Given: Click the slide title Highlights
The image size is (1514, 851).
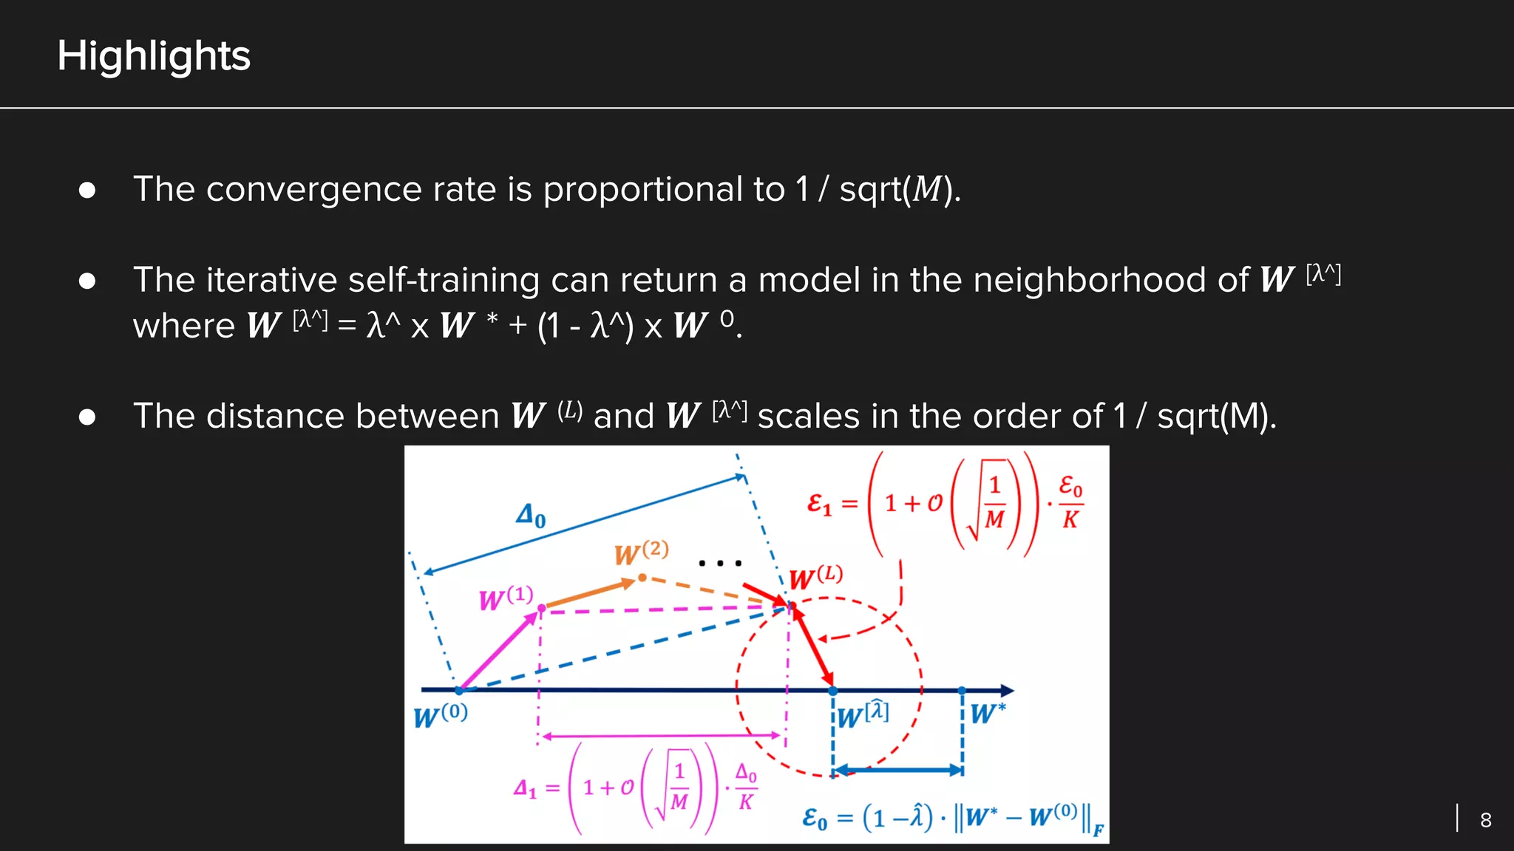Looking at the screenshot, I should tap(154, 56).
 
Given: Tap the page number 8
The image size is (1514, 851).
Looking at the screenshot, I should tap(1485, 820).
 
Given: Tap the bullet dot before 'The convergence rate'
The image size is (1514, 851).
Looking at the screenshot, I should tap(87, 191).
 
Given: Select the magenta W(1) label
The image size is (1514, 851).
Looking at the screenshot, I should tap(506, 598).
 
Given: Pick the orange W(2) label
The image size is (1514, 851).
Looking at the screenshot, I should tap(641, 552).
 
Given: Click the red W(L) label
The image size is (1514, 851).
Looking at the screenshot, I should tap(815, 577).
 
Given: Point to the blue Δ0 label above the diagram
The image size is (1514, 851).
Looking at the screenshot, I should tap(531, 515).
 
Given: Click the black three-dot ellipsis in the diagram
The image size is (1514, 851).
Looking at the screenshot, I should tap(719, 564).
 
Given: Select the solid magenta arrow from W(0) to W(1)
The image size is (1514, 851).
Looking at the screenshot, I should tap(499, 651).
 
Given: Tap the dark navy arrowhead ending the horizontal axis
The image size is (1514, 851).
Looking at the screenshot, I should tap(1006, 691).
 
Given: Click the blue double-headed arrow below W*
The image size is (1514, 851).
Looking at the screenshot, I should tap(897, 770).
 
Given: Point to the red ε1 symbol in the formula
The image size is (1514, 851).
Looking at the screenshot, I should tap(819, 505).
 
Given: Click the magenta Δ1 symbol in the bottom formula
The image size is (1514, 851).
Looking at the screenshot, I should tap(524, 789).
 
